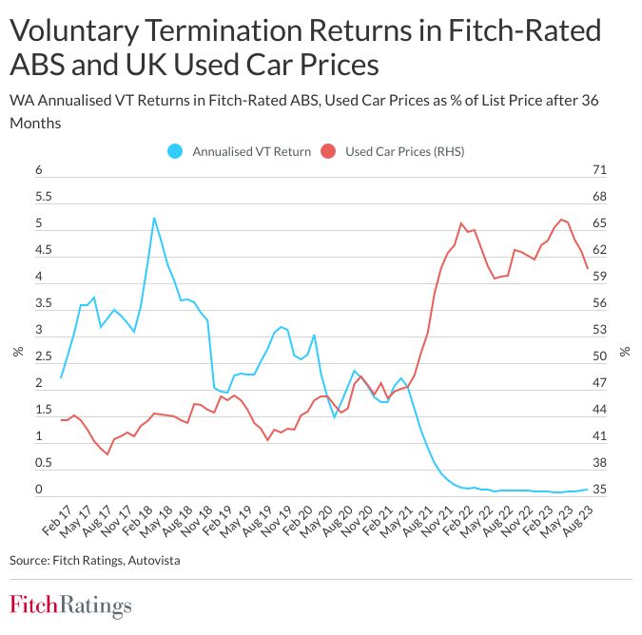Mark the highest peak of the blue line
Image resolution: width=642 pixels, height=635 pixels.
(154, 218)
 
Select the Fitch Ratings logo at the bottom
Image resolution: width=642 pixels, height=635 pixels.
(71, 606)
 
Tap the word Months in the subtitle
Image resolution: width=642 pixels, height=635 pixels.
(34, 123)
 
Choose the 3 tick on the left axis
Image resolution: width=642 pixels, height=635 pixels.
(39, 331)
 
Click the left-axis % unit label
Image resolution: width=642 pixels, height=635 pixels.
(17, 351)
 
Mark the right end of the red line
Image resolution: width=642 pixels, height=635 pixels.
(587, 269)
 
